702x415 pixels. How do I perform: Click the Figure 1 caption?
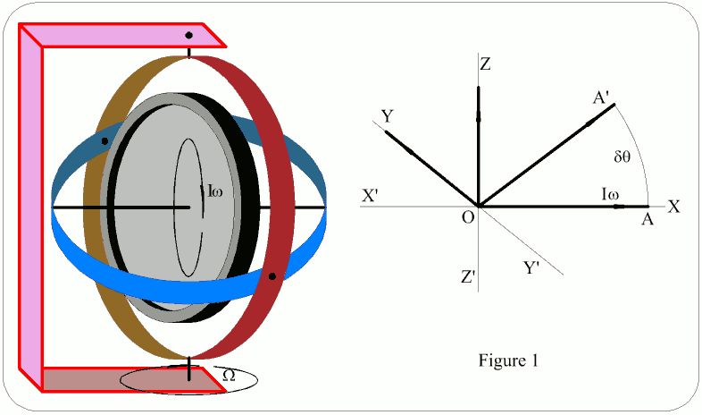(509, 361)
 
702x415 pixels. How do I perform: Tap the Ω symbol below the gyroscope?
(228, 376)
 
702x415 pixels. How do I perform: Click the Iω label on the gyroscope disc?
(215, 190)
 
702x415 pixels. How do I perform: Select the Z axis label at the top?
(485, 64)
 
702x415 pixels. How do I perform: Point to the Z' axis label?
(468, 277)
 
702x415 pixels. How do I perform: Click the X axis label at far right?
(674, 207)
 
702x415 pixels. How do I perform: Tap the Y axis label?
(388, 117)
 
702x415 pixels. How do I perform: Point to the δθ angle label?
(623, 156)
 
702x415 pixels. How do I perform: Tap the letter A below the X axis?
(647, 220)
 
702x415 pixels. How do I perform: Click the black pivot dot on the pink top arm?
(188, 36)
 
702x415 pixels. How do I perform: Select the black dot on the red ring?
(271, 276)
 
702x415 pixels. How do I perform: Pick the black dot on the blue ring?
(105, 141)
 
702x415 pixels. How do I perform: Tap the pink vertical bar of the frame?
(30, 206)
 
